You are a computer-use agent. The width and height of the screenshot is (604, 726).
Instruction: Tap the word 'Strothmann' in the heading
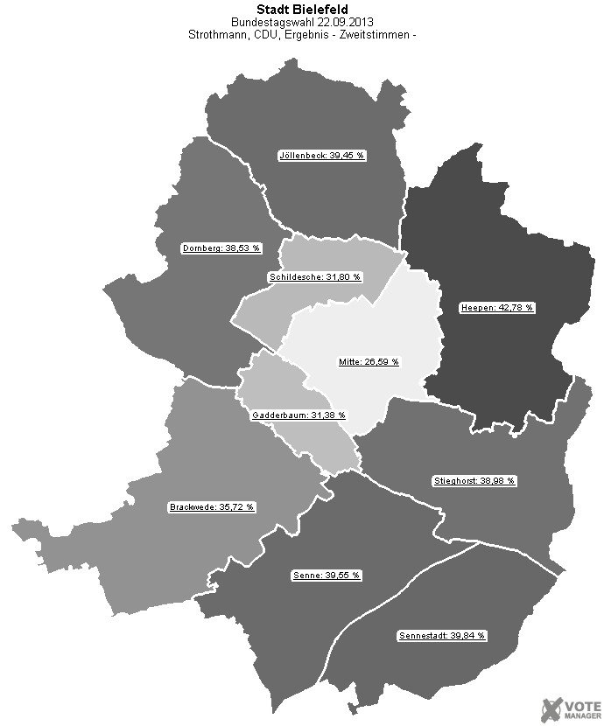click(x=217, y=35)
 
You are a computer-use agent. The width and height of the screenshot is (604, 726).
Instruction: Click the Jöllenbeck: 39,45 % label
click(x=321, y=156)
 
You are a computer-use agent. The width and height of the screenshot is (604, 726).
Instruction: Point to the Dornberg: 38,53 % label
click(x=221, y=248)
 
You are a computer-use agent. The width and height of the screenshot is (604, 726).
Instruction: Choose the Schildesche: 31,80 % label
click(x=314, y=277)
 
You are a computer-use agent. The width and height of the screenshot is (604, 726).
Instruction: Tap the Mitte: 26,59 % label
click(x=369, y=361)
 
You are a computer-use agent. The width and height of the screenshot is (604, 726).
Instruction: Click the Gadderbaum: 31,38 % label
click(x=298, y=415)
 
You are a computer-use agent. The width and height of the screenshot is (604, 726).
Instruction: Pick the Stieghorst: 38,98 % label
click(x=474, y=481)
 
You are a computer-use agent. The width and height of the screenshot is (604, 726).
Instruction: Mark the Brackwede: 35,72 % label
click(x=211, y=506)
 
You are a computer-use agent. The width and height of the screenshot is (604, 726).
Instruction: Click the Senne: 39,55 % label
click(x=325, y=576)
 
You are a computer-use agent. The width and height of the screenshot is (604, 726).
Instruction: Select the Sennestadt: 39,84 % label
click(x=441, y=635)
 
